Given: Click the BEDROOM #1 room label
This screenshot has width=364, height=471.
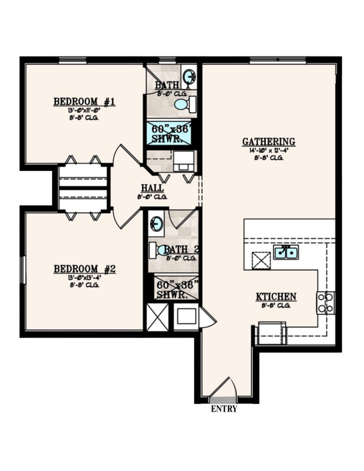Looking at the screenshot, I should [x=84, y=101].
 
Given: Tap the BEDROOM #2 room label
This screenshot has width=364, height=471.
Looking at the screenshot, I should [x=84, y=269].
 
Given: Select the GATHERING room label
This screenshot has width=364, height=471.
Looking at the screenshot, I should [x=269, y=142].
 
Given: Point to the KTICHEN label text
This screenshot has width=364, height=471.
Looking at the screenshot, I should [x=276, y=297].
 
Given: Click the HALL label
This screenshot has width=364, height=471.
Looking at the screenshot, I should [x=152, y=188].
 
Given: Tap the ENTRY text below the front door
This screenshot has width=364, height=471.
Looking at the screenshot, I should [x=224, y=409].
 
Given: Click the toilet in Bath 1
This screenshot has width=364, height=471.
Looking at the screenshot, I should [x=184, y=104].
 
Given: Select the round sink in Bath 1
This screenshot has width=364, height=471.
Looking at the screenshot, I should [x=189, y=76].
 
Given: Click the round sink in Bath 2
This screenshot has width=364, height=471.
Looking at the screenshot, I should [x=157, y=223].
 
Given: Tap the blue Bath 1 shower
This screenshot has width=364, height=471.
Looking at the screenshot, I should [x=169, y=133].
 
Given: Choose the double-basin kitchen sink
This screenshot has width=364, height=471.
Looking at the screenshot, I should [x=286, y=253].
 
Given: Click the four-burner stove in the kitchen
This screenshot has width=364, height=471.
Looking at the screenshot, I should [x=325, y=302].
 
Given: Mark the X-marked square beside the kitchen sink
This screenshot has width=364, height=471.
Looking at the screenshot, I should [x=261, y=260].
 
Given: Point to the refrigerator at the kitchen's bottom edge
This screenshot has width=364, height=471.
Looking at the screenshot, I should [x=271, y=334].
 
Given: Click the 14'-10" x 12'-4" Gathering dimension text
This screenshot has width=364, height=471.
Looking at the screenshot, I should [x=269, y=151].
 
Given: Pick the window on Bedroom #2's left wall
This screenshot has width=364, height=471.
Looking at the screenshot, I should [x=22, y=271].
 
